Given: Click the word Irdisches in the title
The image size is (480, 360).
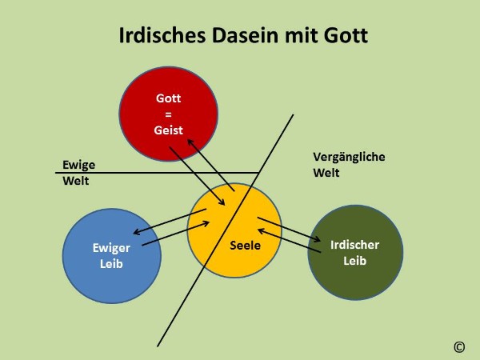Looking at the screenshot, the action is tap(162, 35).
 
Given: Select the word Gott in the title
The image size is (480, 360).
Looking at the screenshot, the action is tap(346, 35).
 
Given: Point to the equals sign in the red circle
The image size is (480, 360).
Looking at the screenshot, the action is tap(168, 114).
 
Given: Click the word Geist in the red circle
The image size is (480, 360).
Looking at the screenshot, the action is tap(168, 130).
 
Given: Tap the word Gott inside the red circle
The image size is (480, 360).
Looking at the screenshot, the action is tap(168, 98).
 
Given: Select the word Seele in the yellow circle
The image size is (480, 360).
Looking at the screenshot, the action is tap(246, 246).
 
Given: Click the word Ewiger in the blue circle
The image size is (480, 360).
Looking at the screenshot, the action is tap(111, 248).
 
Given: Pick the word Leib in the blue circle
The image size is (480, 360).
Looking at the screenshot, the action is tap(111, 263).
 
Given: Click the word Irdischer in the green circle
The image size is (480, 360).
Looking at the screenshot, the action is tap(354, 245).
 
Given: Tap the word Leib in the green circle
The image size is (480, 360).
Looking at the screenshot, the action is tap(354, 261).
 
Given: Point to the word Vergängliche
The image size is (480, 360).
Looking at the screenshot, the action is tap(349, 157).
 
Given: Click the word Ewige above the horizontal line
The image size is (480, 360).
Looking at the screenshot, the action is tap(78, 165).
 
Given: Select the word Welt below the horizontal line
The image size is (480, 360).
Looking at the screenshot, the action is tap(76, 181).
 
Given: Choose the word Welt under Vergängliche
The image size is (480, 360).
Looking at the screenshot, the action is tap(326, 173).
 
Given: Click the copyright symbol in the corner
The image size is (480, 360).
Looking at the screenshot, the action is tap(459, 347).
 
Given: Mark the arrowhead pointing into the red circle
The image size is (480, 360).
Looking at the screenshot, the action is tap(190, 142).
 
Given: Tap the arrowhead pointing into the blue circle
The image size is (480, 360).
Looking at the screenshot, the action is tap(137, 232).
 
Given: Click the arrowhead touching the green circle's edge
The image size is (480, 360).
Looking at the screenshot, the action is tap(317, 239).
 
